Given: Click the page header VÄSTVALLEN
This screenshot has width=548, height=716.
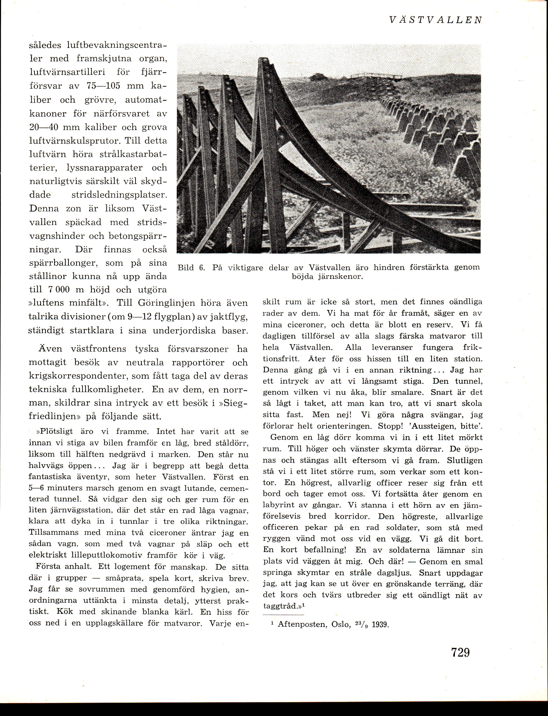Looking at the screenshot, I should click(x=436, y=20).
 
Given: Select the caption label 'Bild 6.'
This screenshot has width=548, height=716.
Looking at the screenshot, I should click(x=191, y=268).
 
